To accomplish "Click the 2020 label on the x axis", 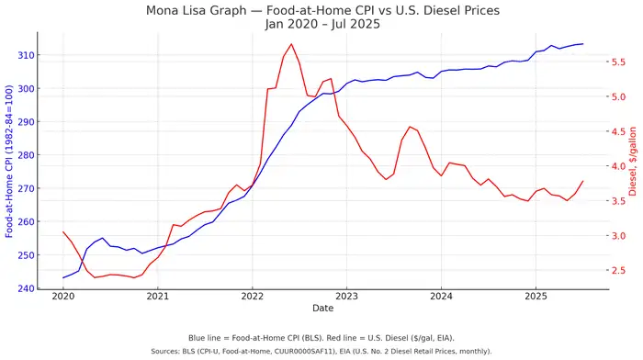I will [63, 298].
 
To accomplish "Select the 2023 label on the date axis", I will [346, 298].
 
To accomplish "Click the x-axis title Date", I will [322, 308].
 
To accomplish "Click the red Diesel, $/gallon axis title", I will [633, 161].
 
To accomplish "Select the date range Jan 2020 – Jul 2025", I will [322, 24].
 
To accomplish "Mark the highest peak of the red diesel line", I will [291, 44].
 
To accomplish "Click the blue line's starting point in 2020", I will [63, 277].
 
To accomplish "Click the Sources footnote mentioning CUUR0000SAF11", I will [321, 351].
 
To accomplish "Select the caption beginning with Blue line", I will [321, 338].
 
